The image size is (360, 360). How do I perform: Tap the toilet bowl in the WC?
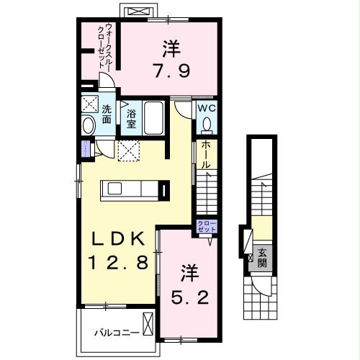(207, 125)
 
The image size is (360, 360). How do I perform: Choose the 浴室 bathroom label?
(132, 119)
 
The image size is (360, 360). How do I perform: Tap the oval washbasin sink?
(89, 127)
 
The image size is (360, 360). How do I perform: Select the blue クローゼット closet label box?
(206, 228)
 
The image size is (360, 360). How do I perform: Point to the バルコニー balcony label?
(113, 333)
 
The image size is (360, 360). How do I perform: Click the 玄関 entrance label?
(264, 257)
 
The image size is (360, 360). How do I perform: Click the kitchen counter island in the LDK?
(130, 189)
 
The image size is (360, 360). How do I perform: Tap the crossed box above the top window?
(141, 10)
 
